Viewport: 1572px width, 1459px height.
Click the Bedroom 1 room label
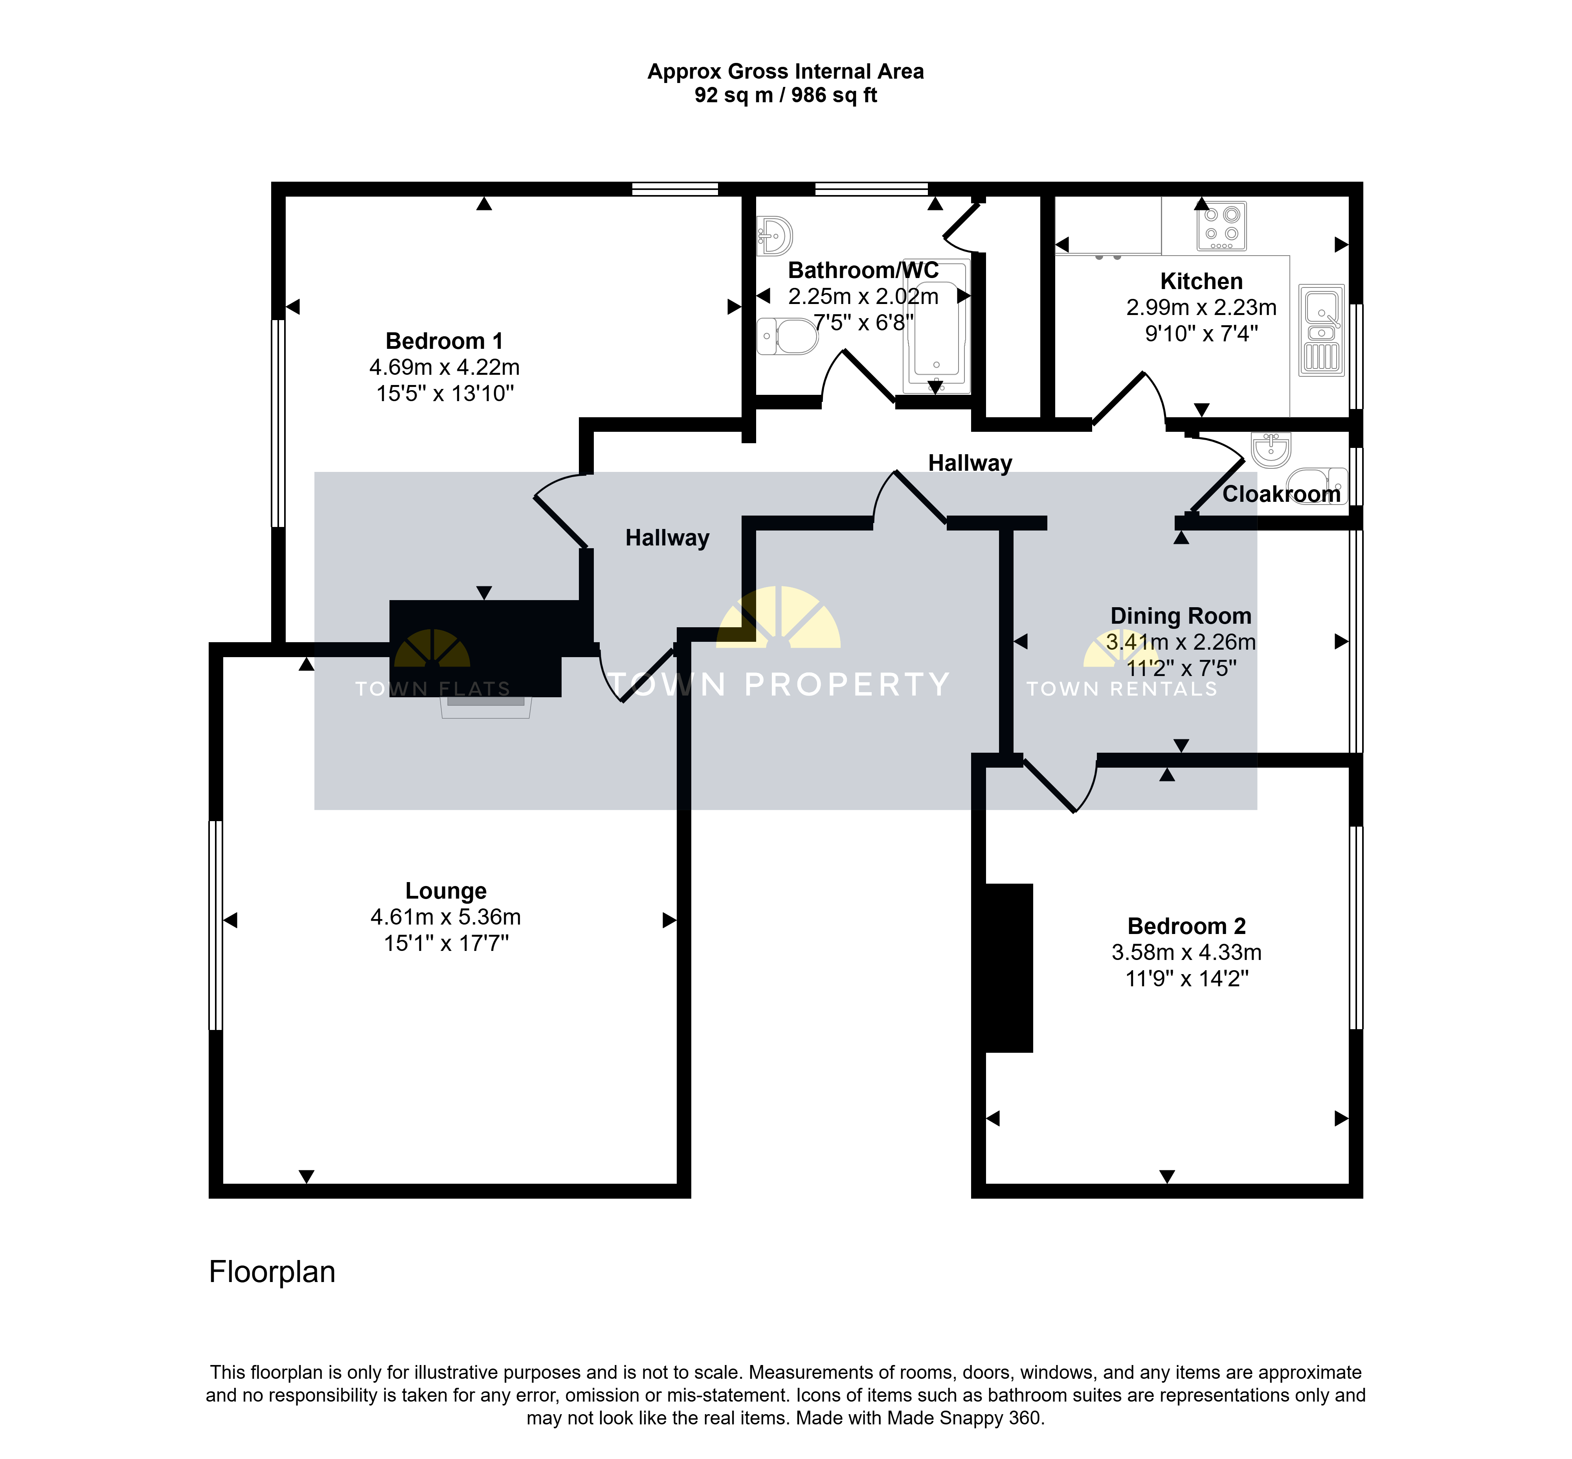point(444,341)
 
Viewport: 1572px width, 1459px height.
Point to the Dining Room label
point(1181,616)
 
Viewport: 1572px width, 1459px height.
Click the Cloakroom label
point(1282,494)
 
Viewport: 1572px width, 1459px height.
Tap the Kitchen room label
point(1201,281)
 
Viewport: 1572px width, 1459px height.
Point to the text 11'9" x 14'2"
point(1187,979)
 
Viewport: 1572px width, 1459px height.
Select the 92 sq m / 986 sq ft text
point(786,96)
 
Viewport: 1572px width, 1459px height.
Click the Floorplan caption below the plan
point(272,1272)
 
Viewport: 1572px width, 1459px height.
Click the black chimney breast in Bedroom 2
point(1008,968)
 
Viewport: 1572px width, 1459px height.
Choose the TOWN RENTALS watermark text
point(1121,689)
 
